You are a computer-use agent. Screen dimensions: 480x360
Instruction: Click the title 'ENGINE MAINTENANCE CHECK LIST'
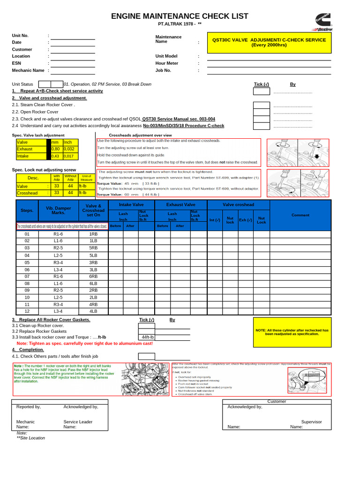point(180,17)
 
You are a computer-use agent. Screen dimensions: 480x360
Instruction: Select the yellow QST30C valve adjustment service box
point(269,43)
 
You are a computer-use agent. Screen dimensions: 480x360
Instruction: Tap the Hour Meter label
point(167,63)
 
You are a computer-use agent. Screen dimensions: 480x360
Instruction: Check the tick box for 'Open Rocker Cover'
point(261,112)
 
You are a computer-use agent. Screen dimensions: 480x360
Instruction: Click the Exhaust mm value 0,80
point(56,149)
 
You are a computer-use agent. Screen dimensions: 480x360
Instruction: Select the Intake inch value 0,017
point(69,156)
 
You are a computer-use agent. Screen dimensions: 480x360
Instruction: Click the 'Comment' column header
point(300,215)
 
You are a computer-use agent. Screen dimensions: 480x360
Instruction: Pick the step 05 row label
point(27,262)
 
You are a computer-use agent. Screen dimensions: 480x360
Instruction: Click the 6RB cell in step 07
point(93,277)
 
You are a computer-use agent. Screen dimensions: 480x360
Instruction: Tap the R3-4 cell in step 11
point(58,304)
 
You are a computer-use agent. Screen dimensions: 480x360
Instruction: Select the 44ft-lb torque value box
point(148,337)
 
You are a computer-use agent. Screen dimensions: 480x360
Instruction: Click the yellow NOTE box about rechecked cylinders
point(292,332)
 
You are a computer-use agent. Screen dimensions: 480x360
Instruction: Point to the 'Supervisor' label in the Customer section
point(311,422)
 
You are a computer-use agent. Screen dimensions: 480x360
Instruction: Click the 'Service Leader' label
point(78,422)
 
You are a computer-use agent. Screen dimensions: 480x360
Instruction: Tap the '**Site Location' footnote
point(31,438)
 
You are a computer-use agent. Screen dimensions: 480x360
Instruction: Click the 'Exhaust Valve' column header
point(181,205)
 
